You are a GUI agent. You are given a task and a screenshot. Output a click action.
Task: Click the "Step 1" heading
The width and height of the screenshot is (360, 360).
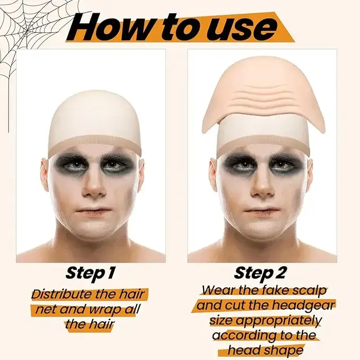90,273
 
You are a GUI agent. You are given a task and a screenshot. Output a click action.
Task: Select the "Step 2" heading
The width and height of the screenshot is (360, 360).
260,273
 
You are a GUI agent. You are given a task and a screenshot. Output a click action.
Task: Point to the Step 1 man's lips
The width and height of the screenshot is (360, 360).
93,211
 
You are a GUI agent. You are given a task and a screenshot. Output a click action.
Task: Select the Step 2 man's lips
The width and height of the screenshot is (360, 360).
262,211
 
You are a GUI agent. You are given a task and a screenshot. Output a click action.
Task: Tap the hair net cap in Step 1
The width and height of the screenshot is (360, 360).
94,122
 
